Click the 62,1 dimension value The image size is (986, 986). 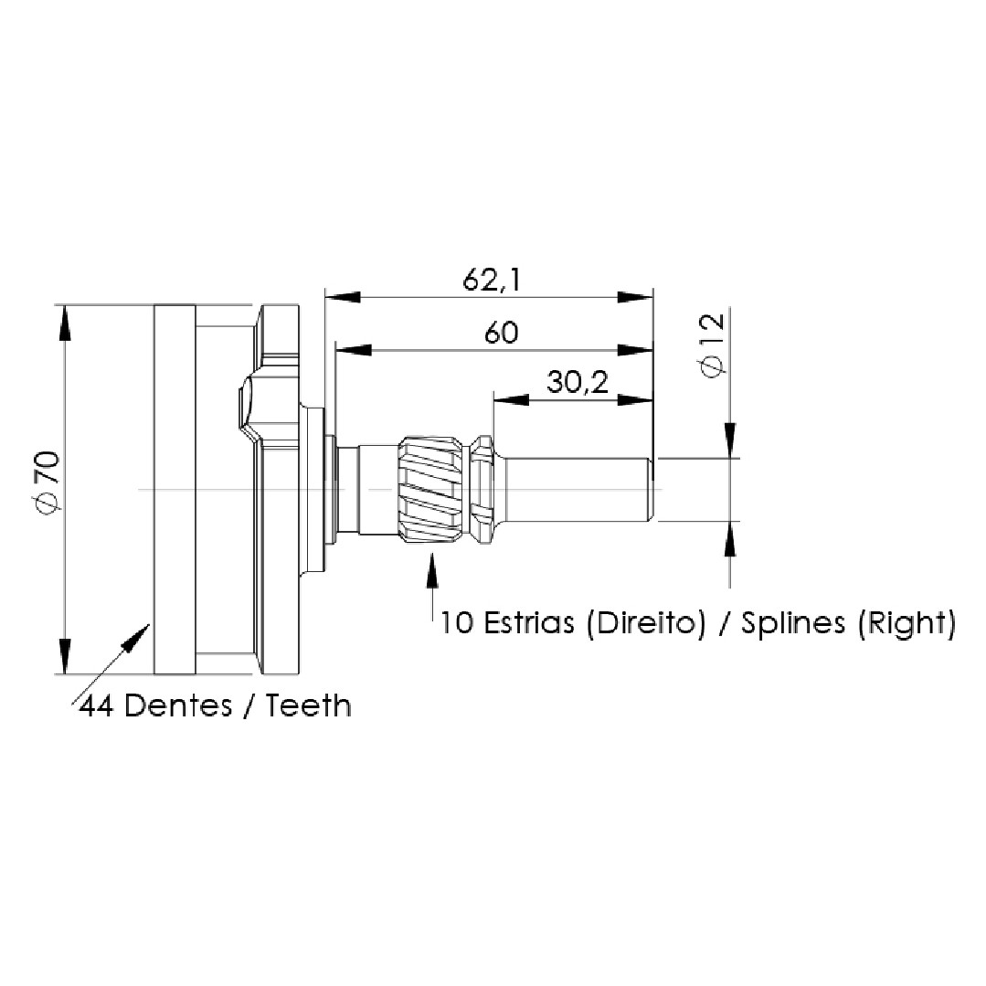point(492,280)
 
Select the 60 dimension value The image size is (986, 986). point(501,333)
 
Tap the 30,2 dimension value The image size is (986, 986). point(578,382)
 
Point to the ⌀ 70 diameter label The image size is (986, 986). point(48,481)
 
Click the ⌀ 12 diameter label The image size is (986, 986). point(712,345)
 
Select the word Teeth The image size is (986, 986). point(307,705)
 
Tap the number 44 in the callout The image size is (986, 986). point(96,706)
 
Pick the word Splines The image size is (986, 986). point(793,624)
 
